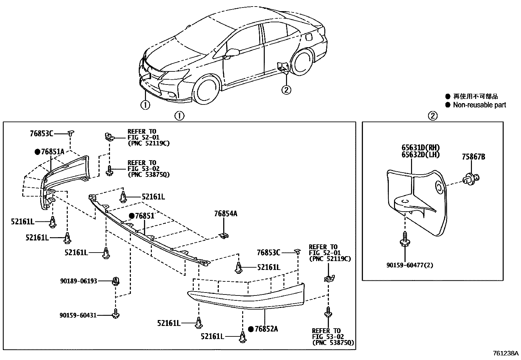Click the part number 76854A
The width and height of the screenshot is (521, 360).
[x=225, y=214]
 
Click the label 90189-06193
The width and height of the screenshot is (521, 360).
[x=79, y=281]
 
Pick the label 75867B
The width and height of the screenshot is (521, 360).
[x=473, y=157]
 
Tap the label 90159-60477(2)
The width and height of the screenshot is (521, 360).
[x=409, y=265]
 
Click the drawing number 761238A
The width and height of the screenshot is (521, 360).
[x=506, y=353]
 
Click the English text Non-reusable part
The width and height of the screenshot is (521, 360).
[x=479, y=105]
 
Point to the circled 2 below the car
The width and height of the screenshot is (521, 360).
[x=286, y=89]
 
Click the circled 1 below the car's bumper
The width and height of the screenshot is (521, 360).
[x=145, y=105]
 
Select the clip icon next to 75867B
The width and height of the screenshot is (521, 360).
[x=470, y=179]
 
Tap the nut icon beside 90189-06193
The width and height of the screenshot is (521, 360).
[x=116, y=281]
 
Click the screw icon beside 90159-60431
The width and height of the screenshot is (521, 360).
[x=116, y=313]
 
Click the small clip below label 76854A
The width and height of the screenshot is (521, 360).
[x=224, y=235]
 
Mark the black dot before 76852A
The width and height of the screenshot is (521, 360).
[x=251, y=329]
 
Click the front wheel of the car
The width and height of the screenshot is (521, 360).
[x=206, y=90]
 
